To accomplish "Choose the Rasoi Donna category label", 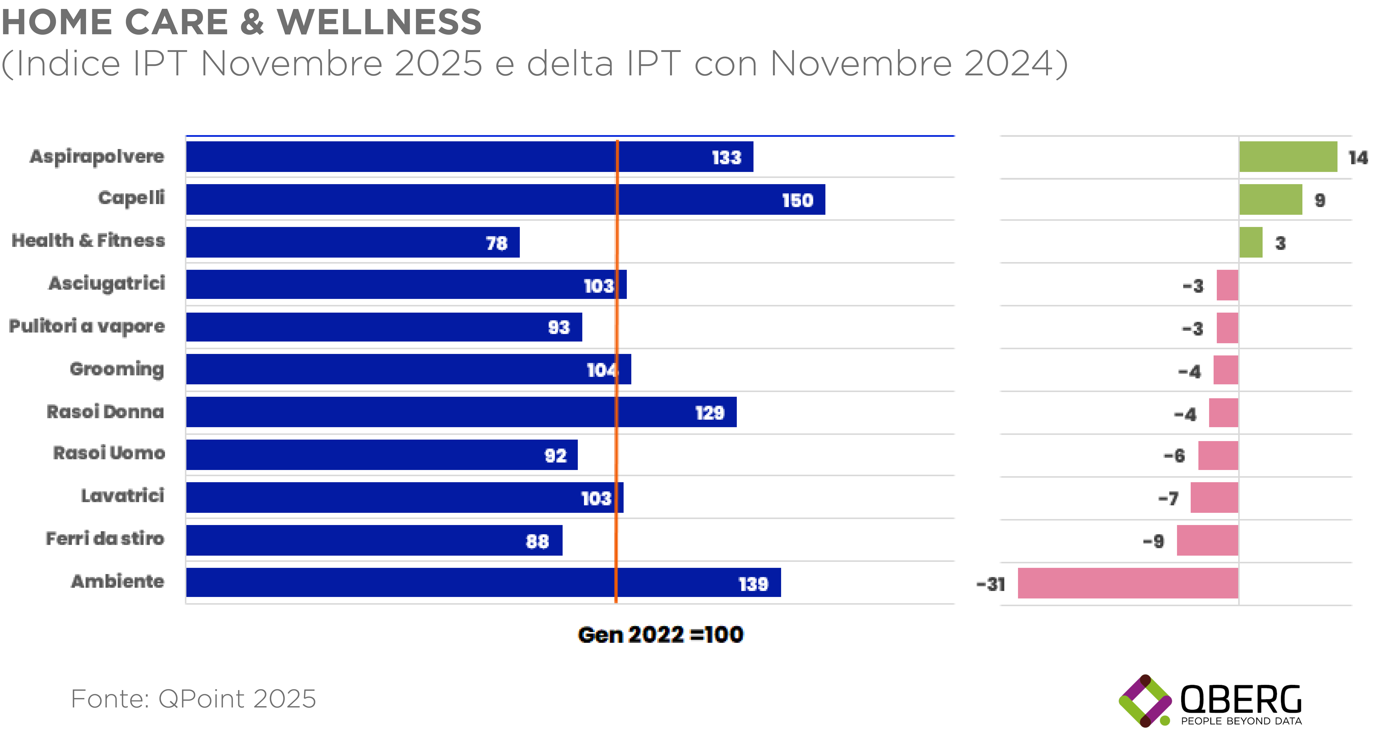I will coord(105,412).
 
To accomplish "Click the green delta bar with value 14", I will coord(1288,157).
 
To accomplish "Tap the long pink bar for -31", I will coord(1128,583).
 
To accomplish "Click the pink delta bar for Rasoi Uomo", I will coord(1218,455).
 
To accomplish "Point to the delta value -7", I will coord(1168,498).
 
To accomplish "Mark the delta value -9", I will coord(1153,541).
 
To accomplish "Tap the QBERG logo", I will coord(1211,701).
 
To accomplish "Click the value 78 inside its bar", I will coord(496,243).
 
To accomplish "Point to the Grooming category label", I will coord(117,369).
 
